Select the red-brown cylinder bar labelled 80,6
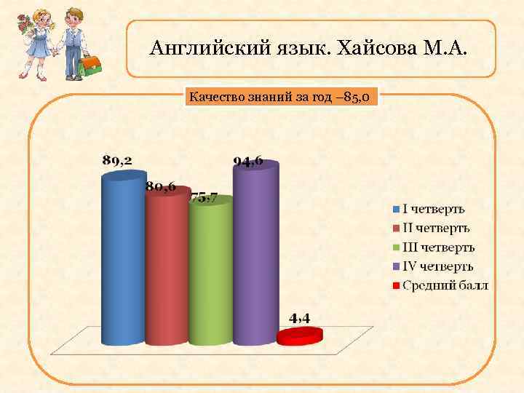click(x=167, y=269)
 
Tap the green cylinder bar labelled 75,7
click(x=210, y=273)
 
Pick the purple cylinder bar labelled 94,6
click(x=255, y=255)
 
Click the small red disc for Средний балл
click(x=299, y=336)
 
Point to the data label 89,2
click(x=117, y=160)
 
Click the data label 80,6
click(x=160, y=186)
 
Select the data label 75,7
click(x=204, y=196)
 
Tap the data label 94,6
click(x=248, y=161)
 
